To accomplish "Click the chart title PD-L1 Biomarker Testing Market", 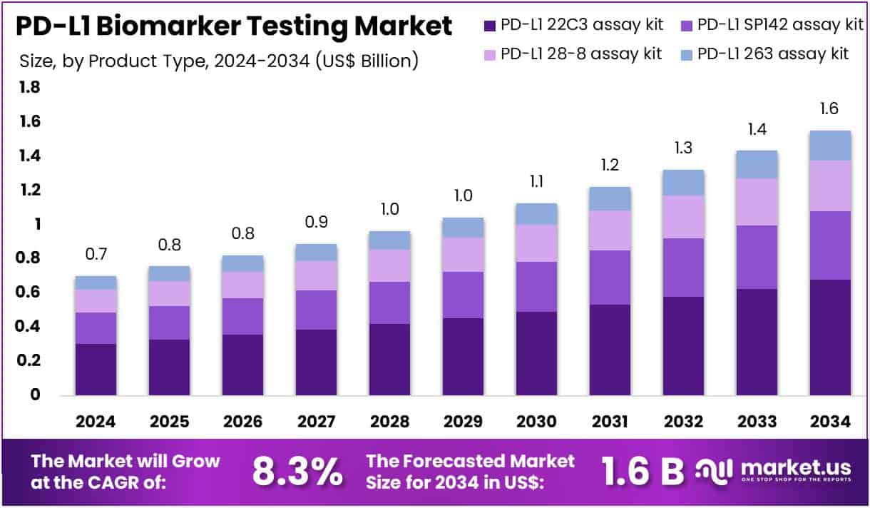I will pos(233,26).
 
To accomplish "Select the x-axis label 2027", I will pos(316,422).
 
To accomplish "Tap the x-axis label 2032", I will pos(683,422).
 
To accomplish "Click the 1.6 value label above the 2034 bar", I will pos(829,109).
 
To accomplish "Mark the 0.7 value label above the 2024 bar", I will pos(96,255).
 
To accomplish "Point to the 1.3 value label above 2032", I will pos(683,148).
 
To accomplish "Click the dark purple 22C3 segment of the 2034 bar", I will pos(830,337).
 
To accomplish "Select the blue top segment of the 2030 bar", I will pos(536,214).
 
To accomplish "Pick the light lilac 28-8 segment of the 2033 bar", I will pos(757,202).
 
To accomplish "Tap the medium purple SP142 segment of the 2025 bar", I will pos(169,322).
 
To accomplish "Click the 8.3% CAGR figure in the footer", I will pos(297,471).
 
